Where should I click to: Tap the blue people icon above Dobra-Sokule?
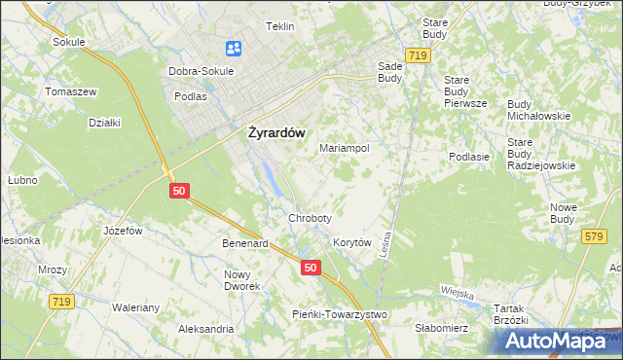click(x=234, y=48)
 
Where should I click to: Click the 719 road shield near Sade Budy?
click(x=419, y=56)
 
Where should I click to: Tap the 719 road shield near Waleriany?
click(x=60, y=303)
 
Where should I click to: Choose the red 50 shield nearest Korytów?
click(x=310, y=267)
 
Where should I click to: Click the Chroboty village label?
click(x=310, y=218)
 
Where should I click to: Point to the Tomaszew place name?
click(x=71, y=90)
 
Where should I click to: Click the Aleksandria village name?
click(x=205, y=330)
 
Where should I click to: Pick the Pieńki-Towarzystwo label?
click(x=340, y=313)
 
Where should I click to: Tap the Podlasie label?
click(x=468, y=156)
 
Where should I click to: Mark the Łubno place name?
click(x=21, y=180)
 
